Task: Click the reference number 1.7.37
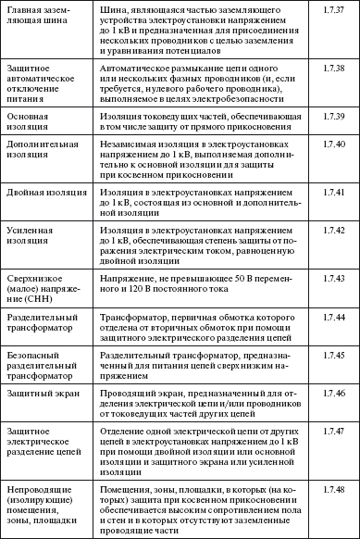pos(335,9)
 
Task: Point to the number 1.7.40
pos(335,146)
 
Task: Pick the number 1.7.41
pos(335,191)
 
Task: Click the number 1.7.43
pos(335,277)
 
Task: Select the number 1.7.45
pos(335,354)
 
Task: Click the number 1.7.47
pos(335,432)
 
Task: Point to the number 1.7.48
pos(335,488)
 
